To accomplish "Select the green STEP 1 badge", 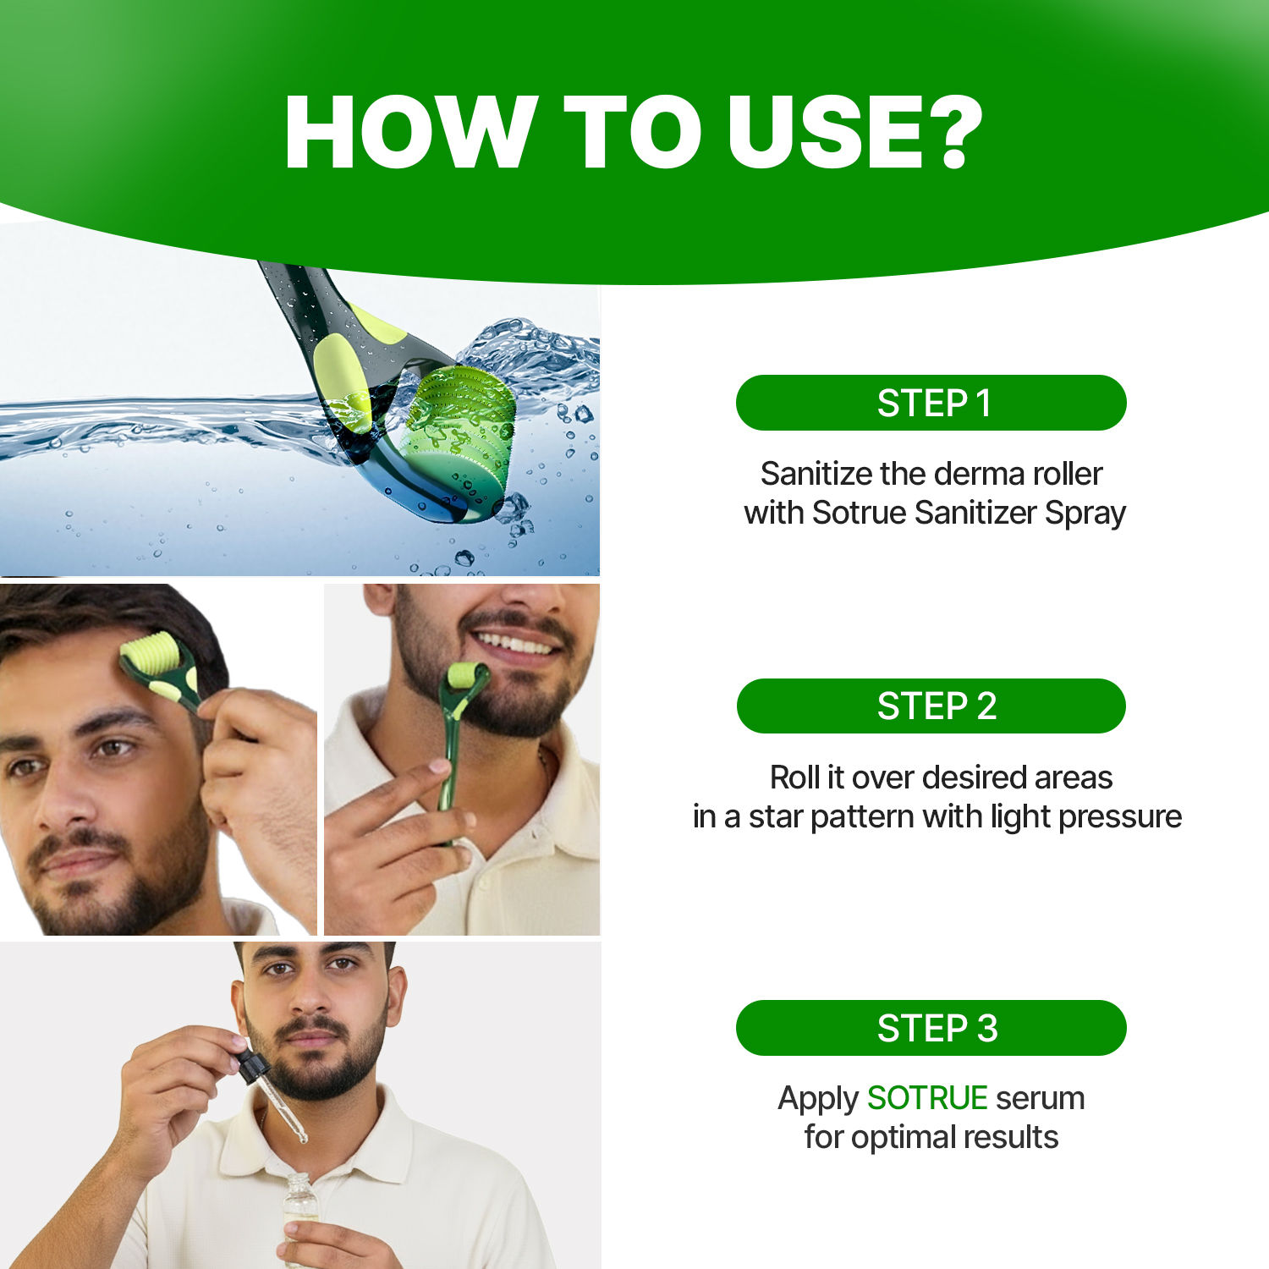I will pyautogui.click(x=931, y=403).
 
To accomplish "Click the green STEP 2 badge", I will pyautogui.click(x=931, y=706).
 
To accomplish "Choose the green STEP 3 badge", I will pyautogui.click(x=931, y=1028).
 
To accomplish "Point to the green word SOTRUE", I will pyautogui.click(x=927, y=1098).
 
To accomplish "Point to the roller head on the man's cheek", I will pyautogui.click(x=462, y=676).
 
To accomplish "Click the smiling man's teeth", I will pyautogui.click(x=514, y=644).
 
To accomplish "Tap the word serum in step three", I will pyautogui.click(x=1040, y=1098).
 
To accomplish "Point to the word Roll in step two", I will pyautogui.click(x=794, y=777).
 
